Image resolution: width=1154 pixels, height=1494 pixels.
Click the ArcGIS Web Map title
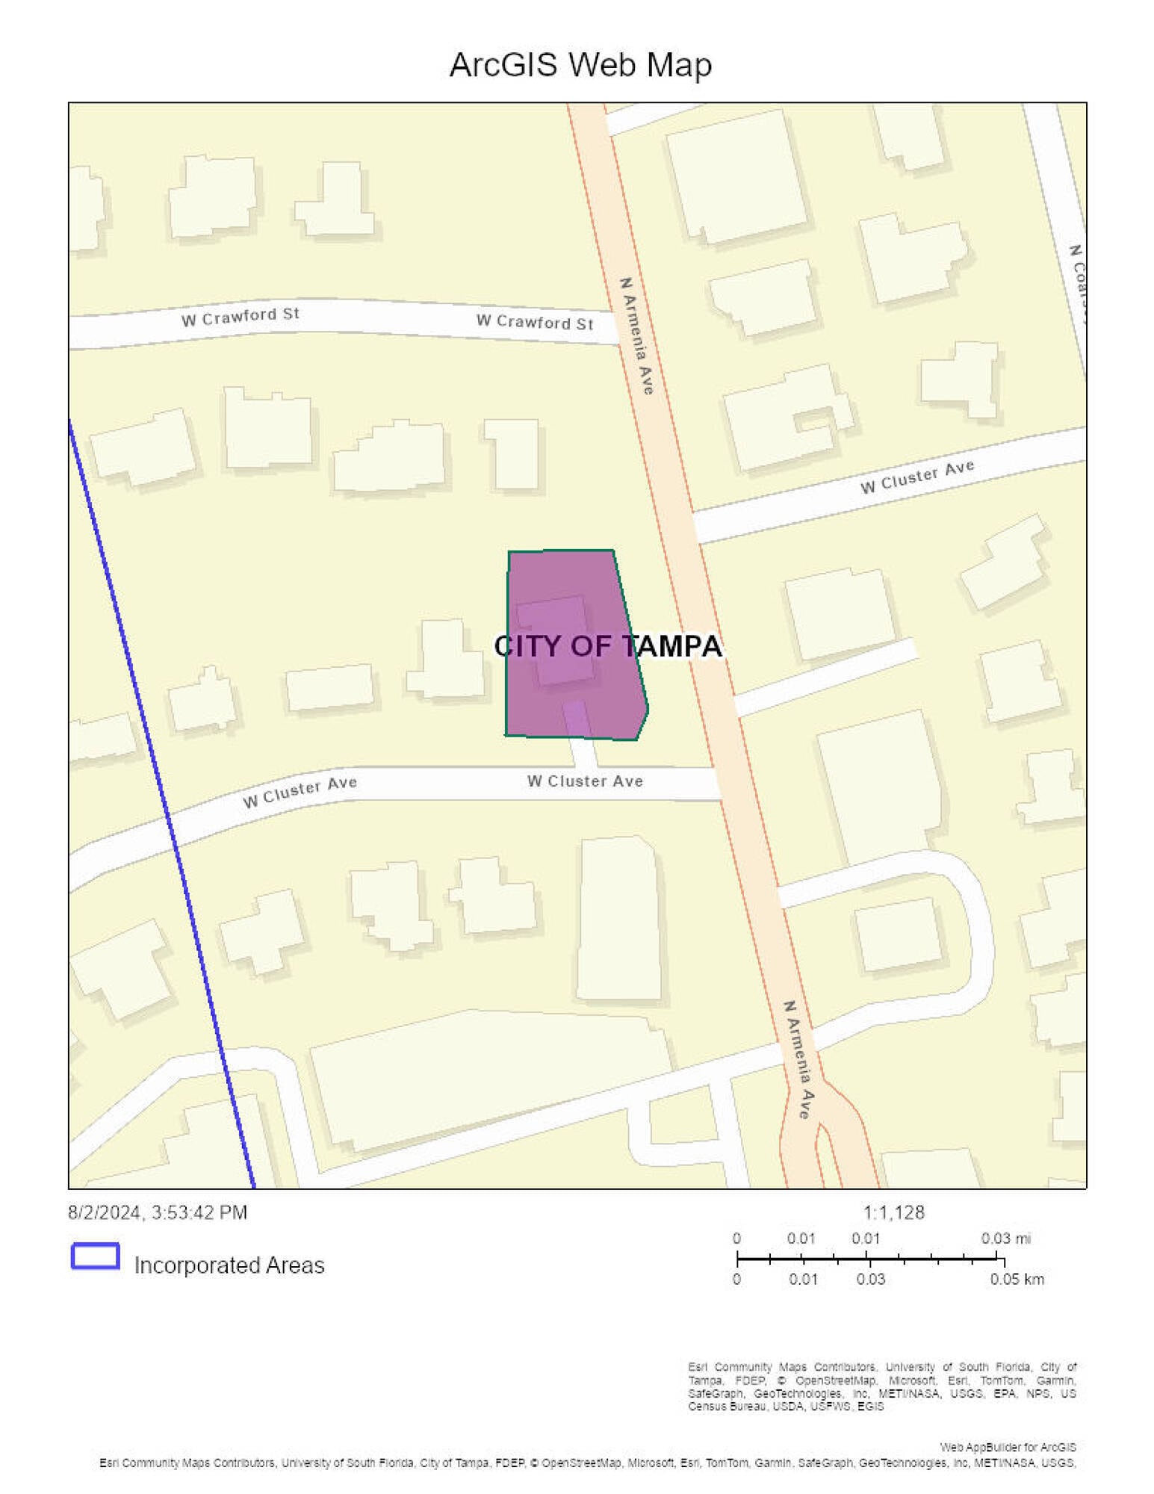(580, 65)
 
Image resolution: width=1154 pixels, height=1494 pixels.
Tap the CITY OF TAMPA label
(608, 646)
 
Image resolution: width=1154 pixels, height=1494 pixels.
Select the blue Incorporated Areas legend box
(96, 1256)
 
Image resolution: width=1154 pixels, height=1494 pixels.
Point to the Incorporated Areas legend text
(229, 1265)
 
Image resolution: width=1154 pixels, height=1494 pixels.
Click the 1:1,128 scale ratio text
(893, 1212)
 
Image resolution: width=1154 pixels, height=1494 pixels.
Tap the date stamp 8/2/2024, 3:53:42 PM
(158, 1212)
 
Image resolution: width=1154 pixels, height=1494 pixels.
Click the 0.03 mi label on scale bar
(1005, 1238)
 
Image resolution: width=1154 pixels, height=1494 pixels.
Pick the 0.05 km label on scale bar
(1017, 1279)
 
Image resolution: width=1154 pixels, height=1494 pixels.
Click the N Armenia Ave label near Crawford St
(637, 335)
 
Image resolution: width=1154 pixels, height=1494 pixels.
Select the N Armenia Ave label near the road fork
(798, 1059)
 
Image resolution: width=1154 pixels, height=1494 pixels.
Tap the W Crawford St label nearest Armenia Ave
(535, 322)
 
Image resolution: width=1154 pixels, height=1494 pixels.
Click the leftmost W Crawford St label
(240, 317)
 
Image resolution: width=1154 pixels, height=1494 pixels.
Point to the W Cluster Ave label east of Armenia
(917, 477)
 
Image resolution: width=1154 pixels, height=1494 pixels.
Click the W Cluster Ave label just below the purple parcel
(585, 781)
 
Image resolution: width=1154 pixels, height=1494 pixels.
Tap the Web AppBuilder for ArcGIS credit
(1008, 1447)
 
